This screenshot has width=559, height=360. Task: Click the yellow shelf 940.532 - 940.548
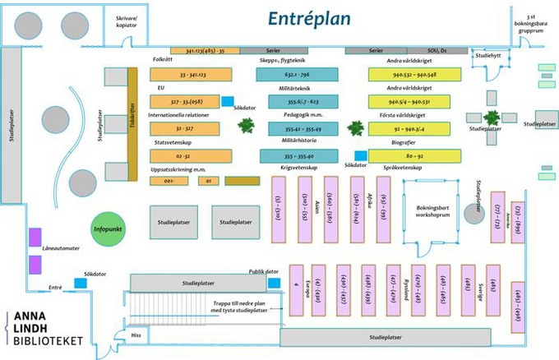point(409,75)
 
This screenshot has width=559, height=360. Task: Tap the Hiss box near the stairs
point(136,335)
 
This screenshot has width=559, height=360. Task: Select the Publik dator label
point(264,271)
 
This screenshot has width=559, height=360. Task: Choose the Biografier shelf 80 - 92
point(409,155)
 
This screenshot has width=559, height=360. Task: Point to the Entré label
point(55,287)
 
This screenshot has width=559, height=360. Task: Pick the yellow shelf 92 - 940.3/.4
point(409,129)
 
